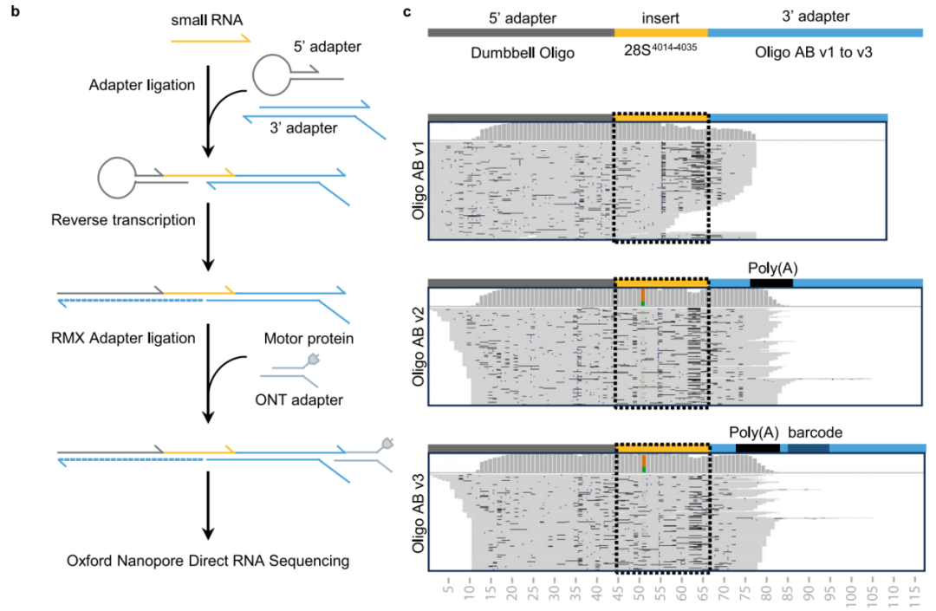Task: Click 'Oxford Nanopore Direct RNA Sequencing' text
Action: coord(208,560)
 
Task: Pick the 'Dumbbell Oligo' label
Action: coord(523,54)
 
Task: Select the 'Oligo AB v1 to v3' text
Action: coord(816,54)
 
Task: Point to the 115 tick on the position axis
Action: coord(911,590)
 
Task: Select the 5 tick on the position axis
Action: coord(448,590)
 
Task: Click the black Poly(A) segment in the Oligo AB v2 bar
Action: coord(771,283)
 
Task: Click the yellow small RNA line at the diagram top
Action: coord(211,39)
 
